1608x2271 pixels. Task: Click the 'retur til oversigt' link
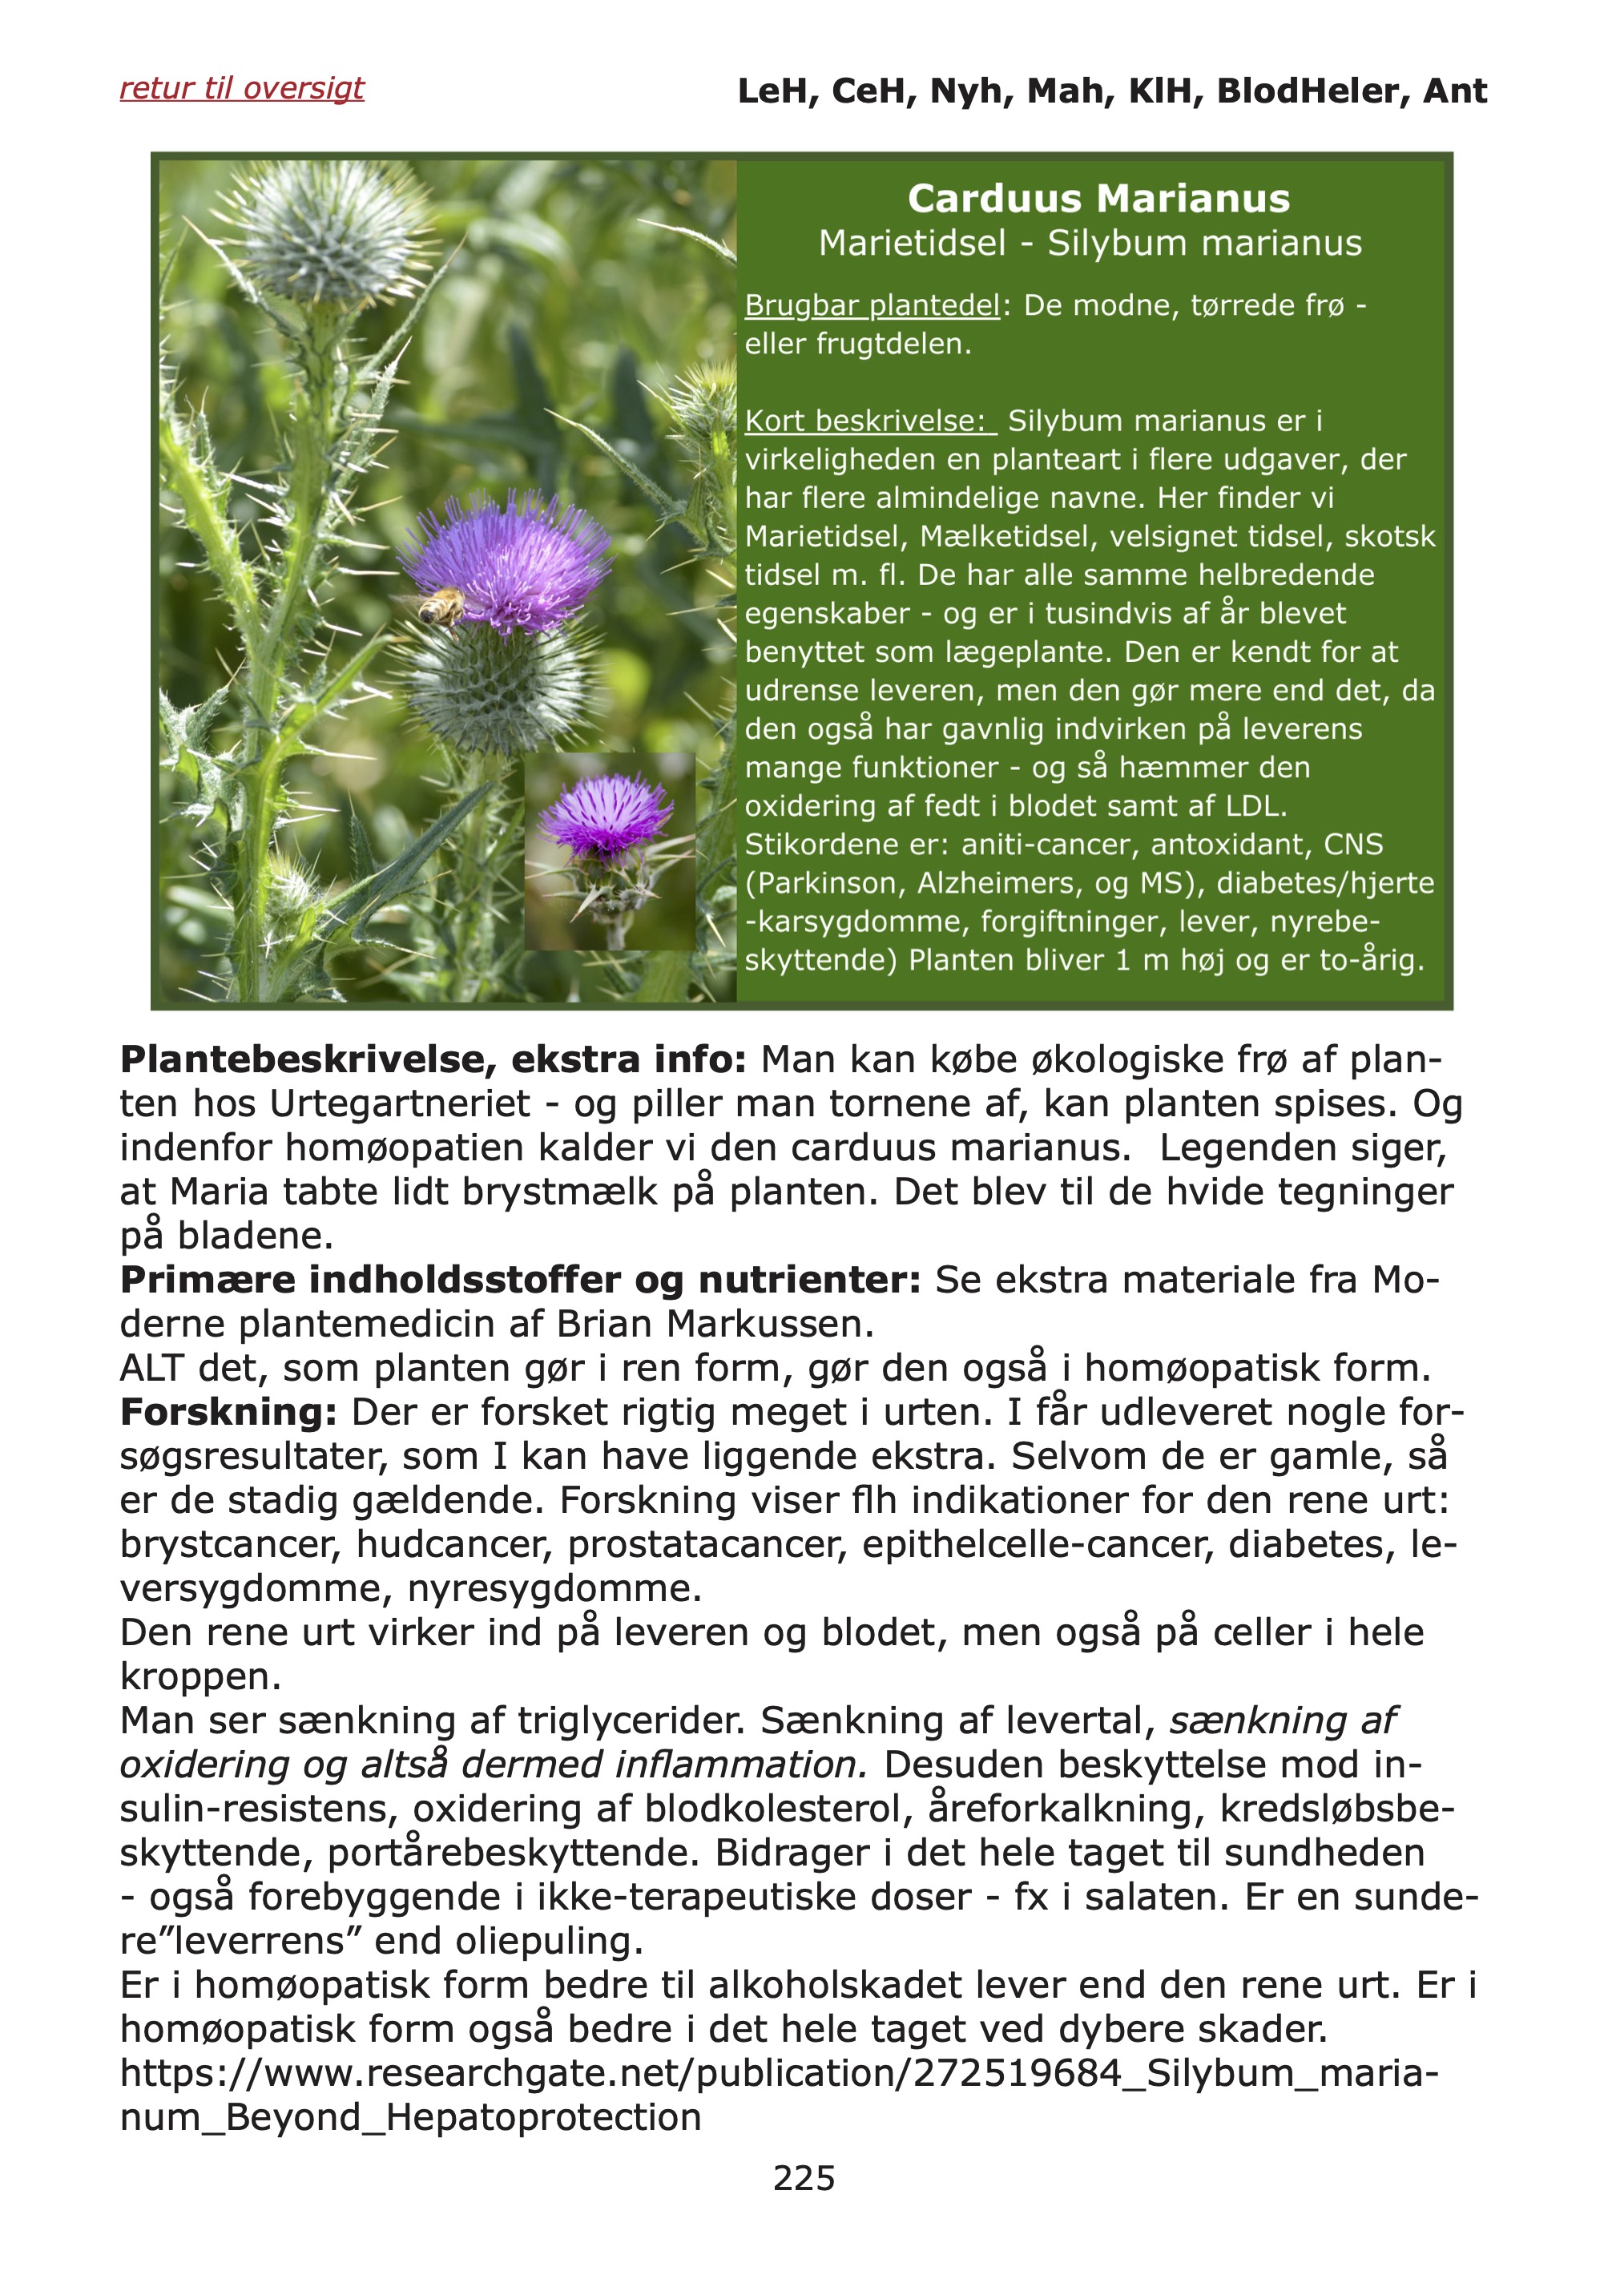coord(242,88)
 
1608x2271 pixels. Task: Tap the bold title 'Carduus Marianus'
coord(1098,198)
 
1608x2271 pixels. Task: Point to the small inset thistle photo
coord(609,851)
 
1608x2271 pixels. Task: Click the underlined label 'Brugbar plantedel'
coord(872,305)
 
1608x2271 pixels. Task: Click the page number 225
coord(804,2178)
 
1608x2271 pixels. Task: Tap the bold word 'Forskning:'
coord(228,1412)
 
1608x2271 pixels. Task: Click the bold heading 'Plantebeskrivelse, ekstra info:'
coord(433,1059)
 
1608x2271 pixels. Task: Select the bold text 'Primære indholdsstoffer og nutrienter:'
coord(520,1280)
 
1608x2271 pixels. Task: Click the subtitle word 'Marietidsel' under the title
coord(912,244)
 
